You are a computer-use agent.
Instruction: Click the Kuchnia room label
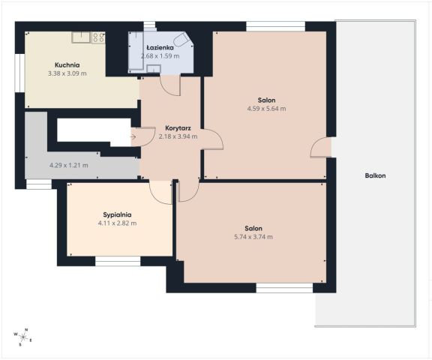[x=67, y=65]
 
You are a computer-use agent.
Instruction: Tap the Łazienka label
[x=160, y=47]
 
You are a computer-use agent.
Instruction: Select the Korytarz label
[x=178, y=128]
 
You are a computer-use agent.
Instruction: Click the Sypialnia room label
[x=117, y=214]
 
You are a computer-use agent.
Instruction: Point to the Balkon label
[x=375, y=175]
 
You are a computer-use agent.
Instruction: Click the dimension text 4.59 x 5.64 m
[x=266, y=109]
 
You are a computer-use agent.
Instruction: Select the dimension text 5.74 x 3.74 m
[x=253, y=236]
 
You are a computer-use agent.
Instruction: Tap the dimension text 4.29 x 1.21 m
[x=68, y=165]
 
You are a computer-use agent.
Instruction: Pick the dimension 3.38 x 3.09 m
[x=67, y=73]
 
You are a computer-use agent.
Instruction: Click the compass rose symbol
[x=23, y=337]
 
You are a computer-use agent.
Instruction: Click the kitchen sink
[x=81, y=37]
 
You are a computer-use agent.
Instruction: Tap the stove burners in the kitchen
[x=98, y=37]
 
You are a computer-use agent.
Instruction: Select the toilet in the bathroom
[x=182, y=40]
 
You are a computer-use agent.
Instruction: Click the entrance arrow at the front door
[x=133, y=136]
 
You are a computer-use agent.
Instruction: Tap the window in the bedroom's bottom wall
[x=118, y=261]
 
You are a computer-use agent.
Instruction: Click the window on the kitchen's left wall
[x=19, y=73]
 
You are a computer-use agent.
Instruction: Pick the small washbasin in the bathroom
[x=154, y=68]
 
